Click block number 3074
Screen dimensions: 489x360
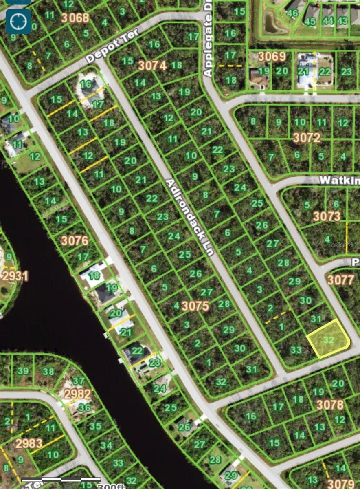pyautogui.click(x=152, y=65)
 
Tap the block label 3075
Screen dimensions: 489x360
pyautogui.click(x=195, y=306)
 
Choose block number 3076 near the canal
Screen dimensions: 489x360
pyautogui.click(x=75, y=240)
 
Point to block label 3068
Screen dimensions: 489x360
pyautogui.click(x=75, y=18)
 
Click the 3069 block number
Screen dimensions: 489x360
pyautogui.click(x=272, y=56)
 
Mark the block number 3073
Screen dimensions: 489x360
pyautogui.click(x=327, y=216)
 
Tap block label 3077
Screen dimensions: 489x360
pyautogui.click(x=341, y=280)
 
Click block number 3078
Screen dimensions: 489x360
pyautogui.click(x=330, y=405)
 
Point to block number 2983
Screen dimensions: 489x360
pyautogui.click(x=29, y=443)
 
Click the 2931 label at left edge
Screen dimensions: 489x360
pyautogui.click(x=15, y=276)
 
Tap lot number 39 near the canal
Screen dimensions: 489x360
pyautogui.click(x=23, y=371)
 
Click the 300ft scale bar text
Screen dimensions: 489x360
pyautogui.click(x=112, y=486)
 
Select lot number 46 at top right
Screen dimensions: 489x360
pyautogui.click(x=292, y=13)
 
